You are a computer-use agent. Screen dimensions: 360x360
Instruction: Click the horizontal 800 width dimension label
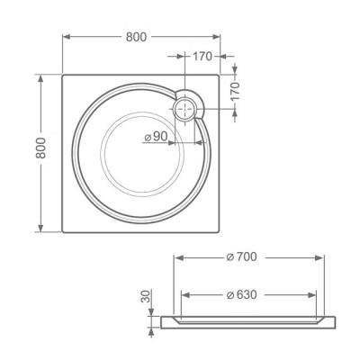pos(136,37)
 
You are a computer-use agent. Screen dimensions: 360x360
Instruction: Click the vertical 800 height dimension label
pos(40,148)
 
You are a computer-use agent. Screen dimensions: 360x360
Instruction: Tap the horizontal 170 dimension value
pos(202,56)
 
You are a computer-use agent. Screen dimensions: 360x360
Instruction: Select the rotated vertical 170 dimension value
pos(235,91)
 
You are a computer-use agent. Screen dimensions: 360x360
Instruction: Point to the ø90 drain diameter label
pos(156,137)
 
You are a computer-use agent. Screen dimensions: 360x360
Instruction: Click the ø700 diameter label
pos(241,256)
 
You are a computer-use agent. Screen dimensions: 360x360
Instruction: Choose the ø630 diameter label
pos(241,294)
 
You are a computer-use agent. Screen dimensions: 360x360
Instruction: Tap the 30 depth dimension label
pos(146,296)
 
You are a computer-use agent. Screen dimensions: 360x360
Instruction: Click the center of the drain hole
pos(185,109)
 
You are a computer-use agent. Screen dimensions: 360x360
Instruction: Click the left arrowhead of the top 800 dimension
pos(66,37)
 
